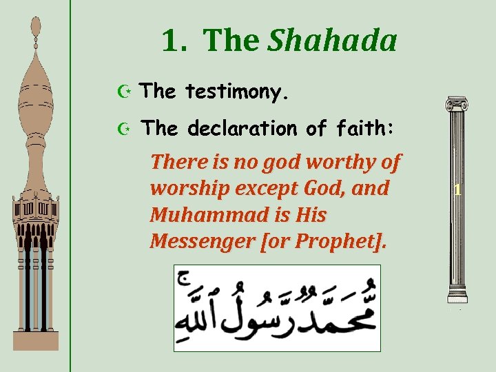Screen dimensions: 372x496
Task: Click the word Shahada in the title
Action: pyautogui.click(x=332, y=41)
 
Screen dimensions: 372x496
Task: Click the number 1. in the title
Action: pyautogui.click(x=174, y=41)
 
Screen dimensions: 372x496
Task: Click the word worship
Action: pyautogui.click(x=183, y=188)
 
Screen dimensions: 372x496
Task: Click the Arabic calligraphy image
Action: pyautogui.click(x=276, y=307)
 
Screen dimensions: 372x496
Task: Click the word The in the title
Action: pyautogui.click(x=231, y=41)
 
